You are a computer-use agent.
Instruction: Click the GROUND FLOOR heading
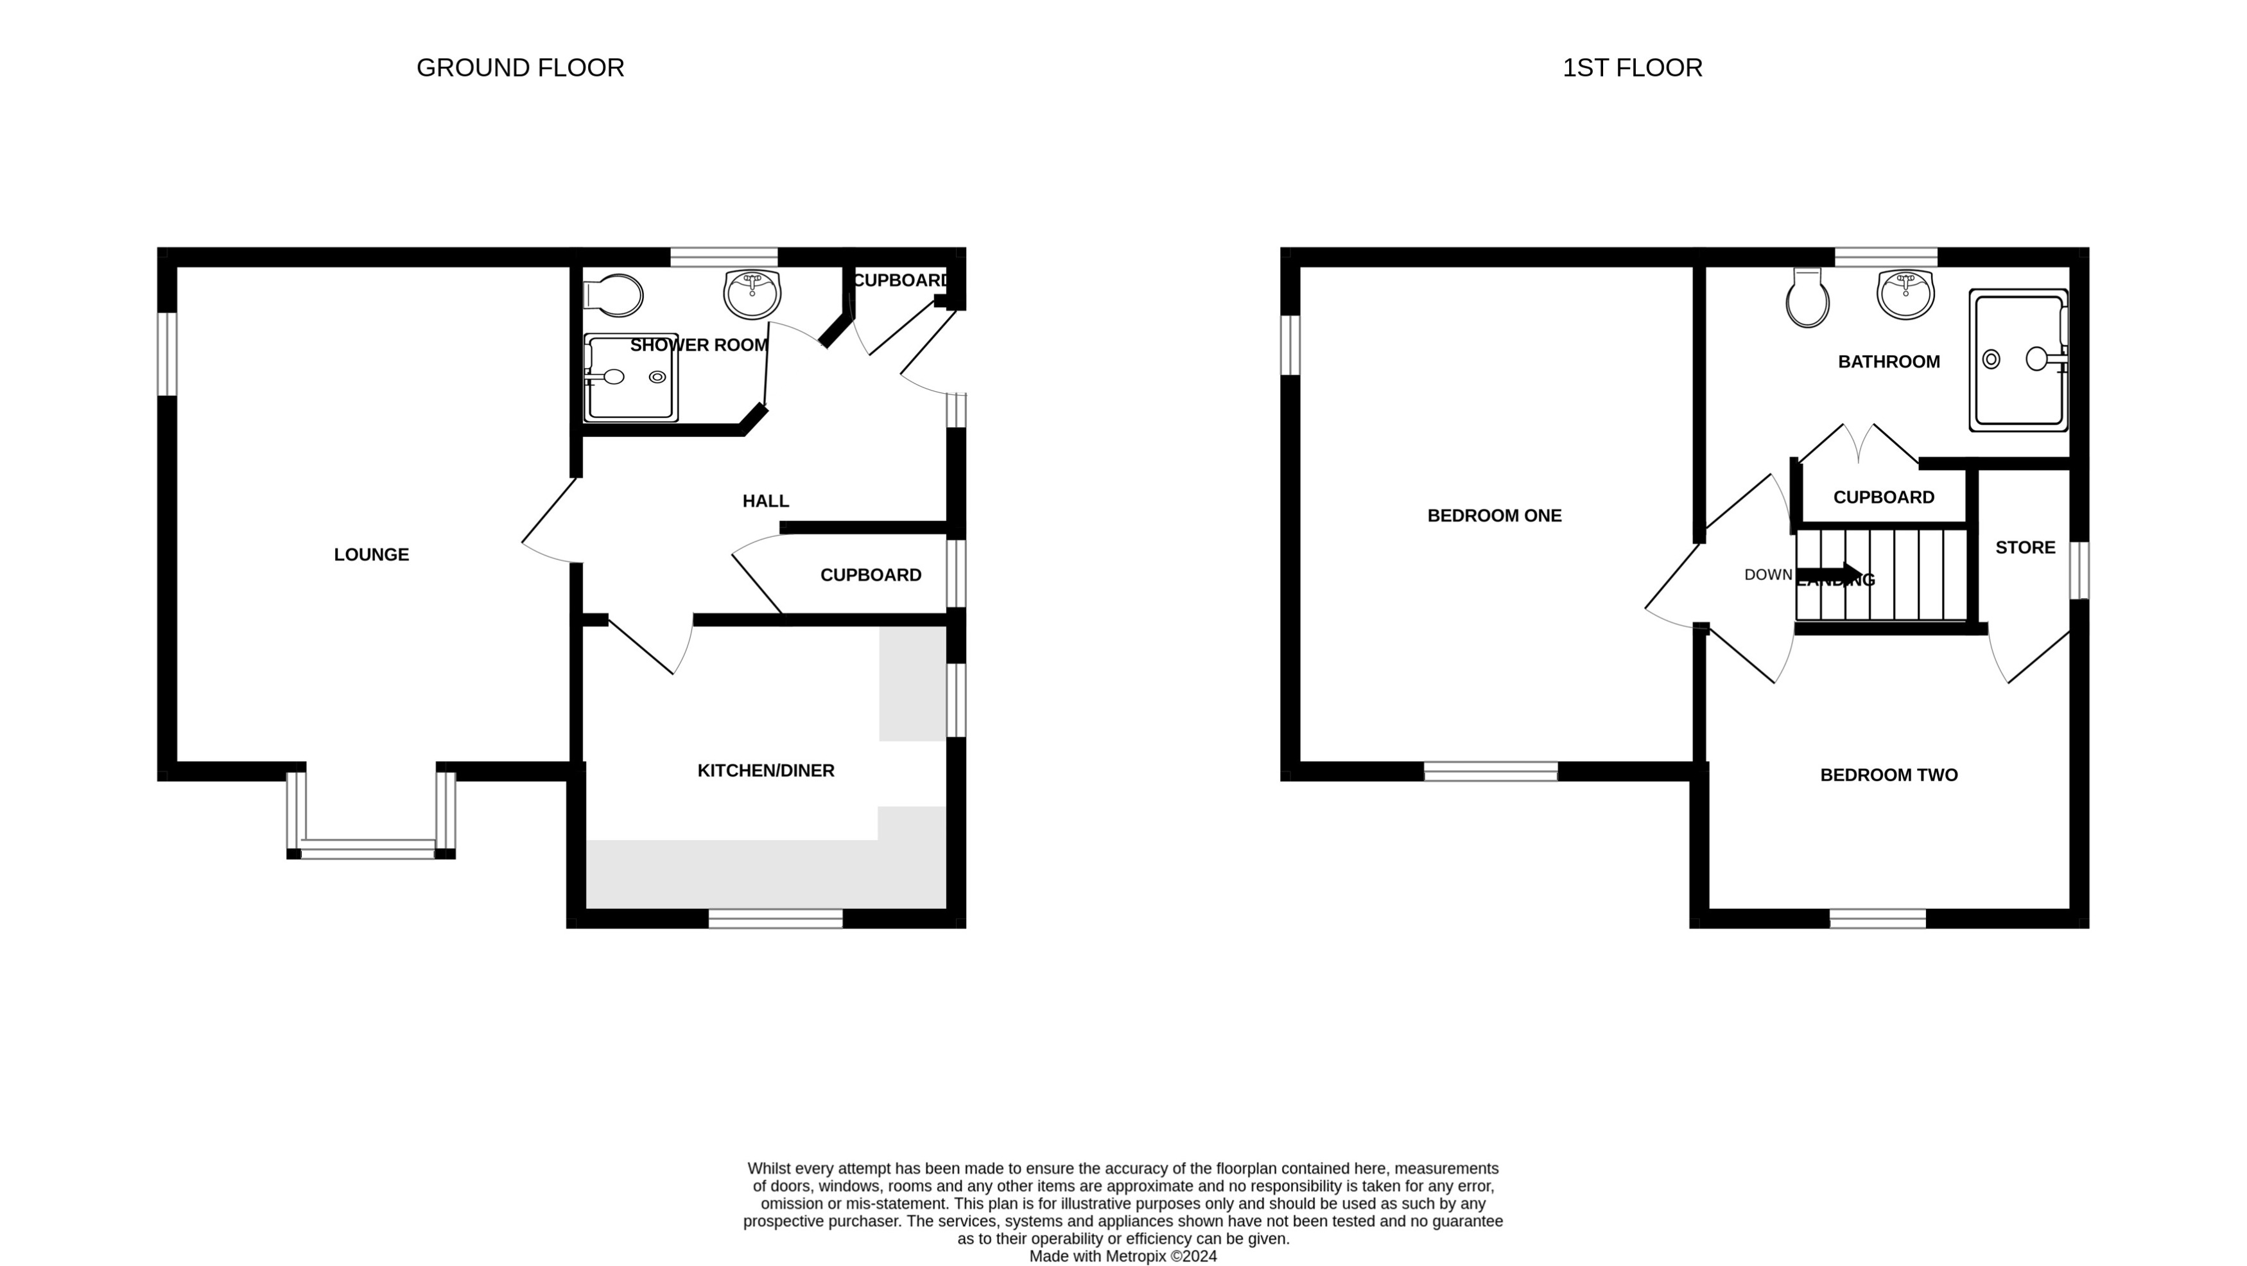tap(520, 68)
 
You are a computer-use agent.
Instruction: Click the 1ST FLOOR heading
tap(1631, 68)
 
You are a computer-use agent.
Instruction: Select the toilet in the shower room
tap(615, 295)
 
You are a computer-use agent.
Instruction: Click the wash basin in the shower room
tap(751, 294)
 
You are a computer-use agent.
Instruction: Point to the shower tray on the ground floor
tap(630, 378)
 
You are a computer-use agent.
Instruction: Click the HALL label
tap(765, 502)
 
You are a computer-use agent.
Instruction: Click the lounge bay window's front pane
tap(367, 850)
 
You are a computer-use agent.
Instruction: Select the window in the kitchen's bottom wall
tap(775, 919)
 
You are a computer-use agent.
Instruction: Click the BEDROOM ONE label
tap(1493, 516)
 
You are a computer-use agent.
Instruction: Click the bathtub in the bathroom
tap(2018, 360)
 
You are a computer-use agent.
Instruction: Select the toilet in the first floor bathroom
tap(1807, 299)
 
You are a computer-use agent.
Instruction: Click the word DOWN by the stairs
tap(1767, 575)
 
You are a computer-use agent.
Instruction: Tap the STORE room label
tap(2025, 548)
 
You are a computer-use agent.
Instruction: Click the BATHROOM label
tap(1889, 362)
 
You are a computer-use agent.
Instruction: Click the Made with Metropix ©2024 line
tap(1123, 1256)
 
